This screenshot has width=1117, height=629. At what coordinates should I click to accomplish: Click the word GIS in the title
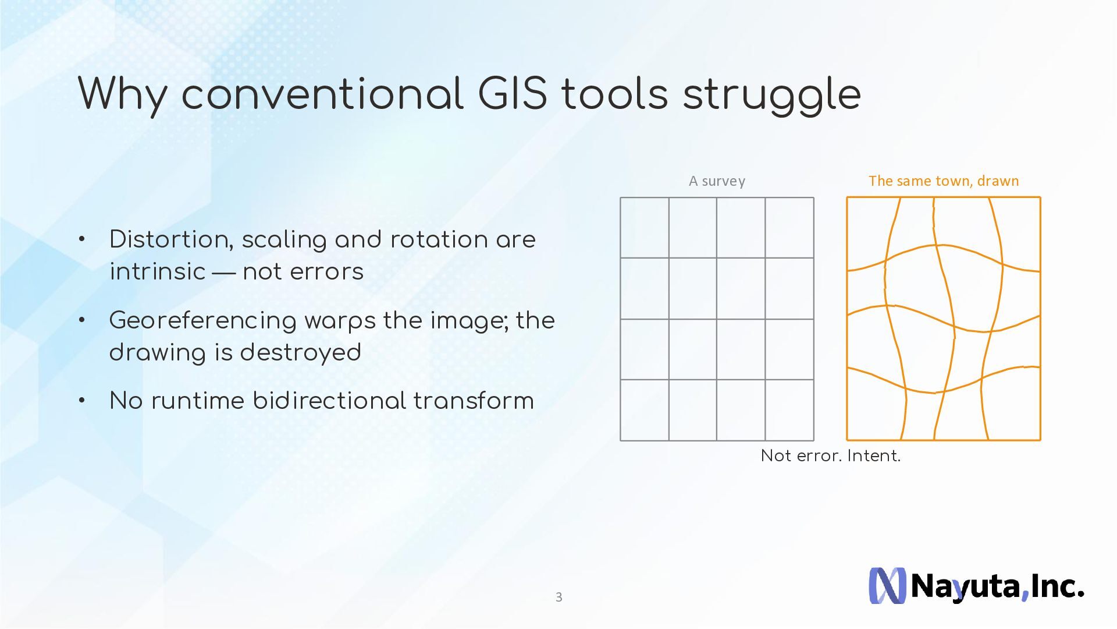point(513,94)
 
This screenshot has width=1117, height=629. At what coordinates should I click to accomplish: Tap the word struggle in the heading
point(772,96)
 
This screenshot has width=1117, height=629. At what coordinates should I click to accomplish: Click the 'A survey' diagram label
point(717,181)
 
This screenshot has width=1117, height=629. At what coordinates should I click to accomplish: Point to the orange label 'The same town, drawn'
point(944,181)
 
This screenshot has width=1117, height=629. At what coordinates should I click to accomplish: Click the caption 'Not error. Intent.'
point(831,455)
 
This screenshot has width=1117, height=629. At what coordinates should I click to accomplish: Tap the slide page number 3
point(559,597)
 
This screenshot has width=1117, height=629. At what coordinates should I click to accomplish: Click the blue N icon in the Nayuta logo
point(887,585)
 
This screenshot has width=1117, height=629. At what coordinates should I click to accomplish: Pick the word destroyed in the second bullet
point(300,352)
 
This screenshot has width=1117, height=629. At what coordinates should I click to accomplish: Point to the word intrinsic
point(158,271)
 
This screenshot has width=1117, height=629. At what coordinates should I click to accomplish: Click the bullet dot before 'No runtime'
point(82,400)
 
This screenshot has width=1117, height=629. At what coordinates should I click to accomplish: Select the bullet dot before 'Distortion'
point(82,239)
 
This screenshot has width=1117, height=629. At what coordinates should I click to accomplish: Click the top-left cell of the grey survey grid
point(645,228)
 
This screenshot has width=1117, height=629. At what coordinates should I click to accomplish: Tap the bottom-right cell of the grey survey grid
point(789,410)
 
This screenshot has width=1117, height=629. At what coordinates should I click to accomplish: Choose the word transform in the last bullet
point(474,401)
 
